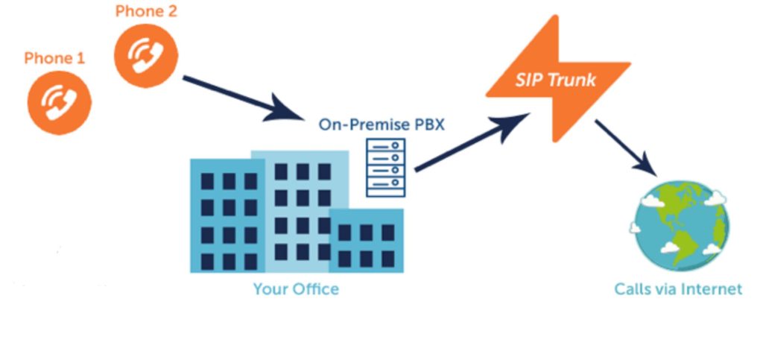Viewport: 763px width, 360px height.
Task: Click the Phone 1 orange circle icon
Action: pos(59,102)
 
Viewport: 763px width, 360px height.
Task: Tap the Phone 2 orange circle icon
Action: pos(146,54)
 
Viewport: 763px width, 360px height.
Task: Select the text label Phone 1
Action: pos(54,58)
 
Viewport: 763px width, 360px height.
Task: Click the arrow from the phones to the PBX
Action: pos(238,96)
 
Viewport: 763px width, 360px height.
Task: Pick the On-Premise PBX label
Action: pos(381,124)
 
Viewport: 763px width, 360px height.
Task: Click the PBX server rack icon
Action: pos(386,168)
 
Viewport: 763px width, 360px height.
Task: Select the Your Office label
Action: pos(296,288)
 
